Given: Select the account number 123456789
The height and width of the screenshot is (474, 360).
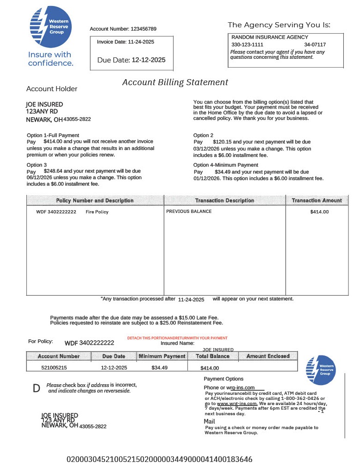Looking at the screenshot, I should point(143,29).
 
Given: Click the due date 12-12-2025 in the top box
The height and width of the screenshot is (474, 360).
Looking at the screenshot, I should point(149,60).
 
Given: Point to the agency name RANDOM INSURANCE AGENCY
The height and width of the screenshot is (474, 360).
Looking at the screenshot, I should point(269,37).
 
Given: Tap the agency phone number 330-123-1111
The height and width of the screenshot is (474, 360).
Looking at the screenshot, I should point(247,45).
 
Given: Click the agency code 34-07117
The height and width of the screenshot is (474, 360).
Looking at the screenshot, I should point(315,45).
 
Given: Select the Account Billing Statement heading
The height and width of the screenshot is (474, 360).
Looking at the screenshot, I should point(175,82).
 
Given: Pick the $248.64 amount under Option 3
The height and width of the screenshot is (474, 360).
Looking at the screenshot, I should point(54,171).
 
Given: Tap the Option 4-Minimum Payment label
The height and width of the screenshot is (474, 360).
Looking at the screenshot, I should point(225,165).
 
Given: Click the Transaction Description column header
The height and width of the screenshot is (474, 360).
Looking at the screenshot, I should point(224,200).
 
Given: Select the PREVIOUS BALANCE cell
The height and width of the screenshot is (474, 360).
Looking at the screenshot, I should point(189,212).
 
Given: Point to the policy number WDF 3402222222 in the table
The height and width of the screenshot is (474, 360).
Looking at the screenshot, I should point(56,212).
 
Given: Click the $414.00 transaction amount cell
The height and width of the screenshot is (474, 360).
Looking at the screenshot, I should point(319,212).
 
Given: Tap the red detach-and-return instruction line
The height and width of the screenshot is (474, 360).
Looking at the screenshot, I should point(177,338).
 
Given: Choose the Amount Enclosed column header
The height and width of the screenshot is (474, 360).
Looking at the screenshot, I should point(267,356).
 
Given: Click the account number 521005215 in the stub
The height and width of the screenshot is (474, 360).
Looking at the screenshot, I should point(54,368).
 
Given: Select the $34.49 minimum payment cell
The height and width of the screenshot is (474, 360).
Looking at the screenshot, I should point(159,368).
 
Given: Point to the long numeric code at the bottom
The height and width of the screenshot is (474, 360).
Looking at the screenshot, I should point(160,460).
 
